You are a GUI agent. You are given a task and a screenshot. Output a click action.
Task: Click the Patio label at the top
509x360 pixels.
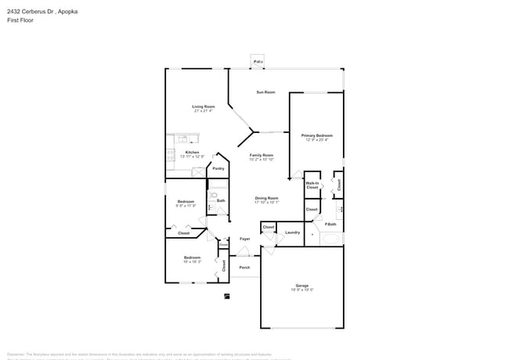(x=258, y=61)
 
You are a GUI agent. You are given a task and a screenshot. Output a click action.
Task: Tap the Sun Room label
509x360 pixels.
(x=265, y=92)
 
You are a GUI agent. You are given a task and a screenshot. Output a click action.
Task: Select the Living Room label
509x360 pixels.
(x=204, y=106)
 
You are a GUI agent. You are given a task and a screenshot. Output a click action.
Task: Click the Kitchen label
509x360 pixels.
(x=192, y=152)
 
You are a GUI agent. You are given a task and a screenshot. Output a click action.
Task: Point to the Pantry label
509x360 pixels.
(x=218, y=167)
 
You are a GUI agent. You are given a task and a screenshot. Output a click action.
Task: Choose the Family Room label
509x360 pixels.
(x=262, y=155)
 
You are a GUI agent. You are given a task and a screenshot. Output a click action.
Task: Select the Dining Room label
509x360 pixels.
(x=266, y=198)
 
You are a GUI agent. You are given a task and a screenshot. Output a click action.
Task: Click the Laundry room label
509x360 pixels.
(x=293, y=232)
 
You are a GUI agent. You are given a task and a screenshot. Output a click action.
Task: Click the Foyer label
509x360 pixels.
(x=245, y=238)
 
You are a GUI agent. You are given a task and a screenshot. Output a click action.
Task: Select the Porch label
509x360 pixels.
(x=244, y=267)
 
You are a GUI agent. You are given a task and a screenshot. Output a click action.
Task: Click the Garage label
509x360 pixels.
(x=301, y=285)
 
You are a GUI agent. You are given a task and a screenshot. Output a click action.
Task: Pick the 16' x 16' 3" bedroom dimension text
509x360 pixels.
(x=193, y=261)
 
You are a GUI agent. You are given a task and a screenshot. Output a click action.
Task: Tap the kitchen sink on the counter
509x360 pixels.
(x=182, y=139)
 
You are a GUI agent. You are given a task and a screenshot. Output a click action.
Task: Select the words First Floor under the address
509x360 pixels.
(x=19, y=21)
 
